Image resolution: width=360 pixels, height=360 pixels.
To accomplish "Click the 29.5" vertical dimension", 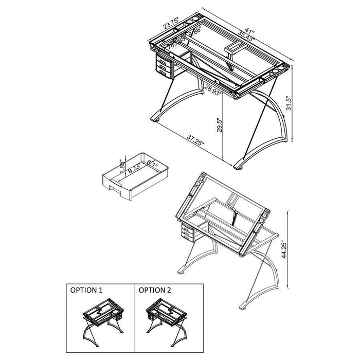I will pyautogui.click(x=220, y=126).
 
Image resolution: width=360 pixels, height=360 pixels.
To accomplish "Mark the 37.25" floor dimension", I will pyautogui.click(x=195, y=140).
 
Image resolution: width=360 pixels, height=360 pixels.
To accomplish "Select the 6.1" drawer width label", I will pyautogui.click(x=152, y=164).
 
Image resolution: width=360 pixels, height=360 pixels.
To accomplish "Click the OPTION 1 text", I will pyautogui.click(x=86, y=290).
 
